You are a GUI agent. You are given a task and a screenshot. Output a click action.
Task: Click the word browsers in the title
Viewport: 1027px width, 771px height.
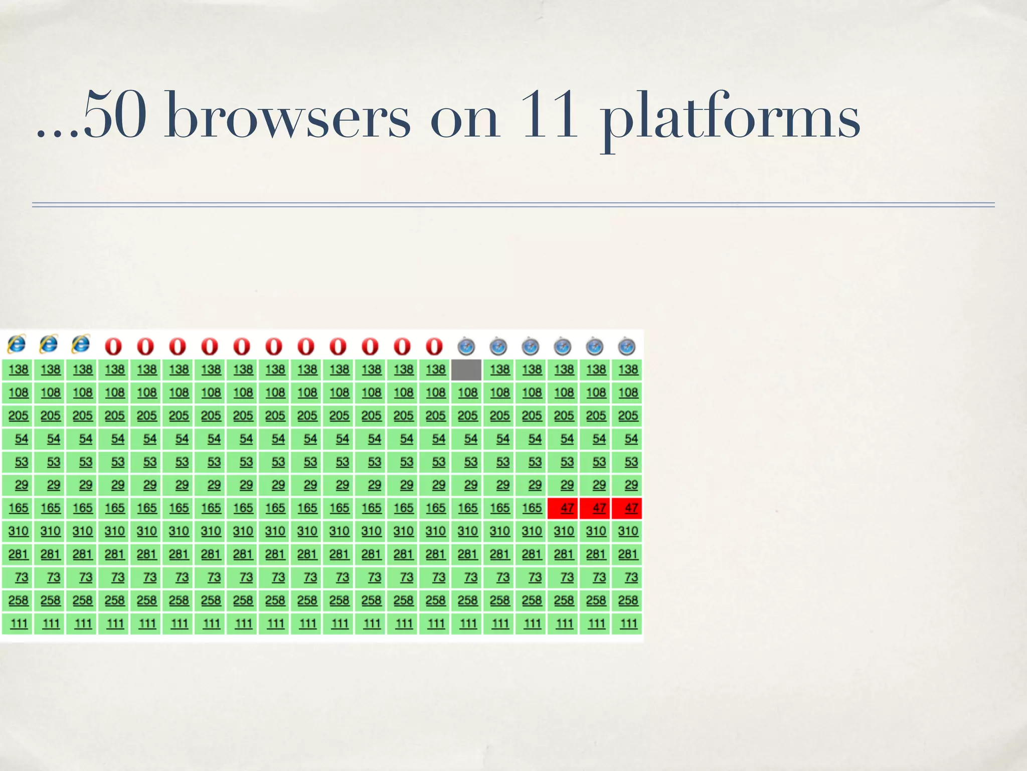tap(287, 116)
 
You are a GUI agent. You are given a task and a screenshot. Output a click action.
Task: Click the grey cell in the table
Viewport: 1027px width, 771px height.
tap(466, 370)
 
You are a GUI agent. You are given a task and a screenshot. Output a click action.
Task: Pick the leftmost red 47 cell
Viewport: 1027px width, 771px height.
tap(563, 508)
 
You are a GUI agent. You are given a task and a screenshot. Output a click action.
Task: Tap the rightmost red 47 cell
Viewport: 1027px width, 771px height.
tap(627, 508)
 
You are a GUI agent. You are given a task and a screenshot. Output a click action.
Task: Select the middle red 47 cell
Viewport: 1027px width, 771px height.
tap(595, 508)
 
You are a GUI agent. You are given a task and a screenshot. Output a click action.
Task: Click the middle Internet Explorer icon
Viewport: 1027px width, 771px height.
tap(49, 344)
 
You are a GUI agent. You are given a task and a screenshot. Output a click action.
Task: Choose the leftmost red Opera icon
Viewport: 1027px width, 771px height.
tap(113, 346)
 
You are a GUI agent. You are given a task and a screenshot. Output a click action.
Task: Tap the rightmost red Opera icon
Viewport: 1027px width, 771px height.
tap(434, 346)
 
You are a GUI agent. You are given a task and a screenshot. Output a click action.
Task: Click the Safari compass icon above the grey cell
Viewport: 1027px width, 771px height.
tap(466, 346)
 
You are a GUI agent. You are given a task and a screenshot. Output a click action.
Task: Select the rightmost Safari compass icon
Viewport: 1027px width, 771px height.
tap(627, 346)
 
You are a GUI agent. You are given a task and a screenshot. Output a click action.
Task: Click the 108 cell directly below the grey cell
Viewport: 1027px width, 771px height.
tap(467, 393)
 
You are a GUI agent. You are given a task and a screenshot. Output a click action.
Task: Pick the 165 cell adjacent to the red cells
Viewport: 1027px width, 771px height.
tap(532, 508)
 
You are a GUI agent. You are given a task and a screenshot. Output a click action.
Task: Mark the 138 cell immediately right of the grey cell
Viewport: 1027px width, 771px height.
tap(499, 370)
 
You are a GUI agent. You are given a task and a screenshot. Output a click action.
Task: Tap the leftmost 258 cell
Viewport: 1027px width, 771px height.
tap(19, 600)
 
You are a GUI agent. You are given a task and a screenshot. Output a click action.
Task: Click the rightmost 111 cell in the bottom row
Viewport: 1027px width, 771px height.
tap(628, 623)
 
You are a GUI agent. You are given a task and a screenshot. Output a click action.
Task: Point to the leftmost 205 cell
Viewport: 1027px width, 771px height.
tap(19, 416)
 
